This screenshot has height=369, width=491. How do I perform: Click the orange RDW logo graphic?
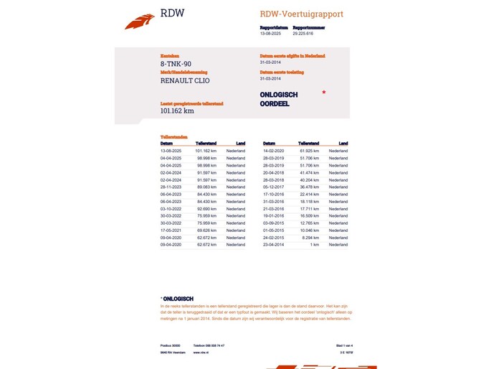pos(139,22)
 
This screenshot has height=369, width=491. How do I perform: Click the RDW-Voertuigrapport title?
pos(301,14)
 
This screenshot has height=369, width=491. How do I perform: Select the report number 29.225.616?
pos(302,33)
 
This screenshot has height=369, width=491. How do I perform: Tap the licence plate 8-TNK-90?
pos(176,64)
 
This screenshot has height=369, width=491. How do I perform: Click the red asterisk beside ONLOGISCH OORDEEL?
pos(323,93)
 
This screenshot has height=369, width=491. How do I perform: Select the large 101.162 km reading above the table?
pos(177,111)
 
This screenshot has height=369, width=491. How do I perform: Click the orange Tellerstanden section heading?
pos(174,136)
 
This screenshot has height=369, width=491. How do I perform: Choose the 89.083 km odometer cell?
pos(206,187)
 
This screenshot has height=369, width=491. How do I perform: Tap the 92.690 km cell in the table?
pos(206,209)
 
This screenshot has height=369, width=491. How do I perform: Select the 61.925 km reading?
pos(309,151)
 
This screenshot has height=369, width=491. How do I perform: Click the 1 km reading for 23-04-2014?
pos(314,245)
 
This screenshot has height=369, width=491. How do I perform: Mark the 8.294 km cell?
pos(310,238)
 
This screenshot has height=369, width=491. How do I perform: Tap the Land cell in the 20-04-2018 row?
pos(338,173)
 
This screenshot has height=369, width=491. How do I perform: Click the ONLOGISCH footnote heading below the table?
pos(178,299)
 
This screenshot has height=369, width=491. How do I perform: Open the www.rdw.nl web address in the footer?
pos(201,352)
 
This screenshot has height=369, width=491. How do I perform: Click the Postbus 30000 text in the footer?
pos(171,345)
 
